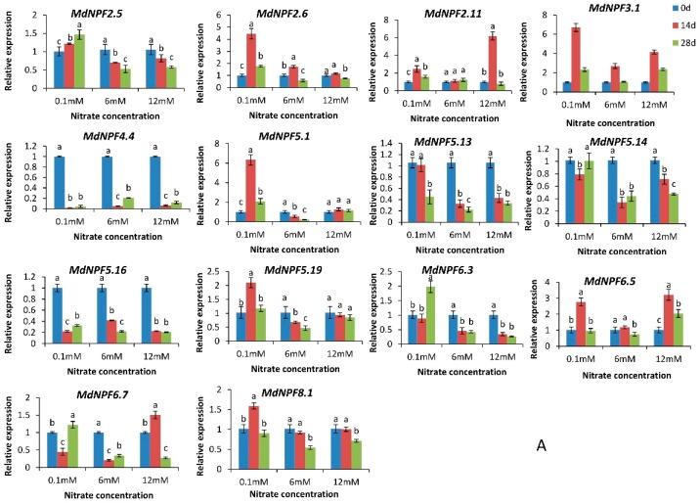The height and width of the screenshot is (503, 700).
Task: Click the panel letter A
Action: tap(568, 445)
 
